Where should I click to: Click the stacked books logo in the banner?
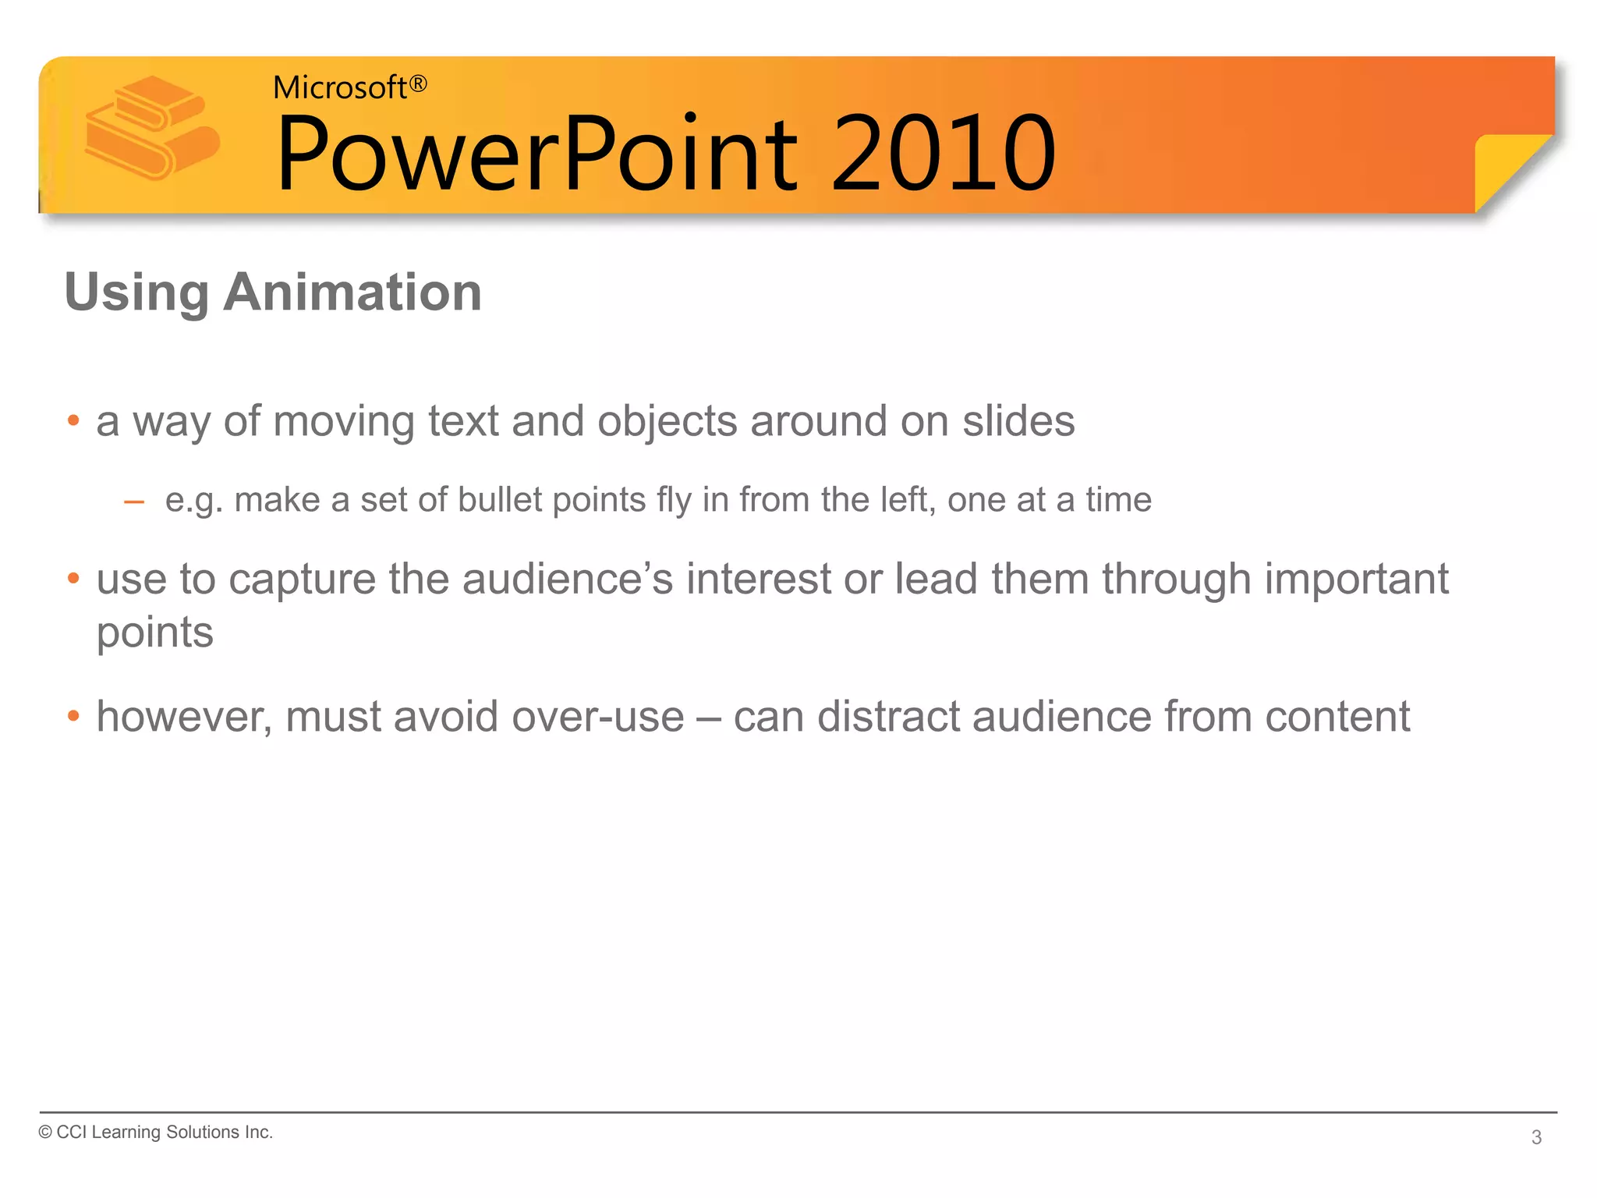coord(152,127)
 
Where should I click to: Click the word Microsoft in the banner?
coord(339,88)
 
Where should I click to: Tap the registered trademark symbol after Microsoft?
coord(419,83)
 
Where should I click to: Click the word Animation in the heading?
coord(352,292)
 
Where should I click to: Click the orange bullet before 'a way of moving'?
coord(73,420)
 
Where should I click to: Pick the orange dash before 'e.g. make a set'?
coord(134,502)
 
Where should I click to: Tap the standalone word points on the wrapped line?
coord(154,633)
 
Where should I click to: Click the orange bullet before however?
coord(73,715)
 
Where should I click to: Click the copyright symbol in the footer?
coord(45,1132)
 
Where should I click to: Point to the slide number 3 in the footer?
coord(1535,1137)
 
